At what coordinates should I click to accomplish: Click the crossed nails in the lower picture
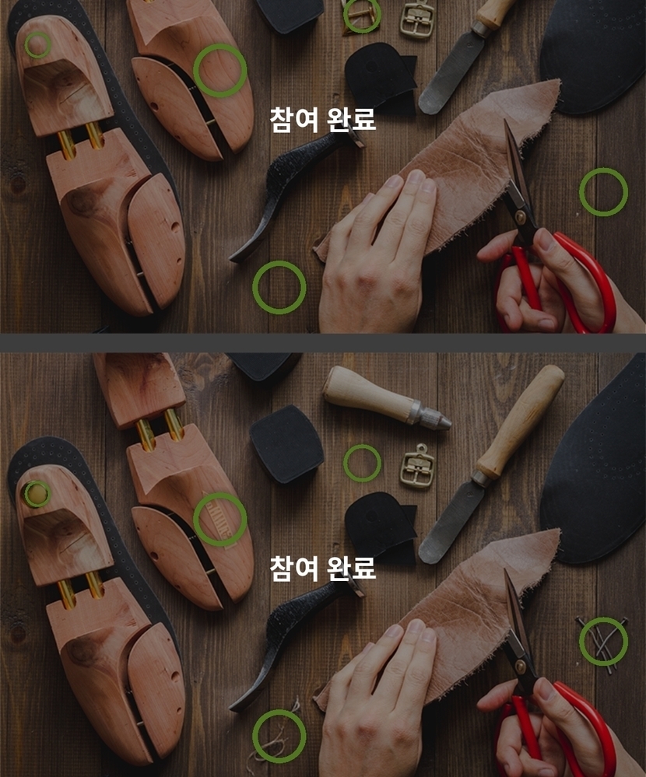[602, 642]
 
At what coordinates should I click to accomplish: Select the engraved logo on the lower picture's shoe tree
[219, 519]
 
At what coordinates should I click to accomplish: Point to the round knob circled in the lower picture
[37, 494]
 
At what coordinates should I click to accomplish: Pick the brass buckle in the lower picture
[417, 467]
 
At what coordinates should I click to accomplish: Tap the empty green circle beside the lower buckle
[363, 463]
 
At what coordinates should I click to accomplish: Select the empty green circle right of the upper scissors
[603, 192]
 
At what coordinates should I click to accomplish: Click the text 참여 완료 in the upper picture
[323, 120]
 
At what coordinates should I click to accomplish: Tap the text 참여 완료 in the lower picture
[323, 569]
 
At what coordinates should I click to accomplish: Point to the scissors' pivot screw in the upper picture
[520, 217]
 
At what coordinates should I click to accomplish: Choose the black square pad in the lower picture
[286, 444]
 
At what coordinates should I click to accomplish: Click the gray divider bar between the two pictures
[323, 342]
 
